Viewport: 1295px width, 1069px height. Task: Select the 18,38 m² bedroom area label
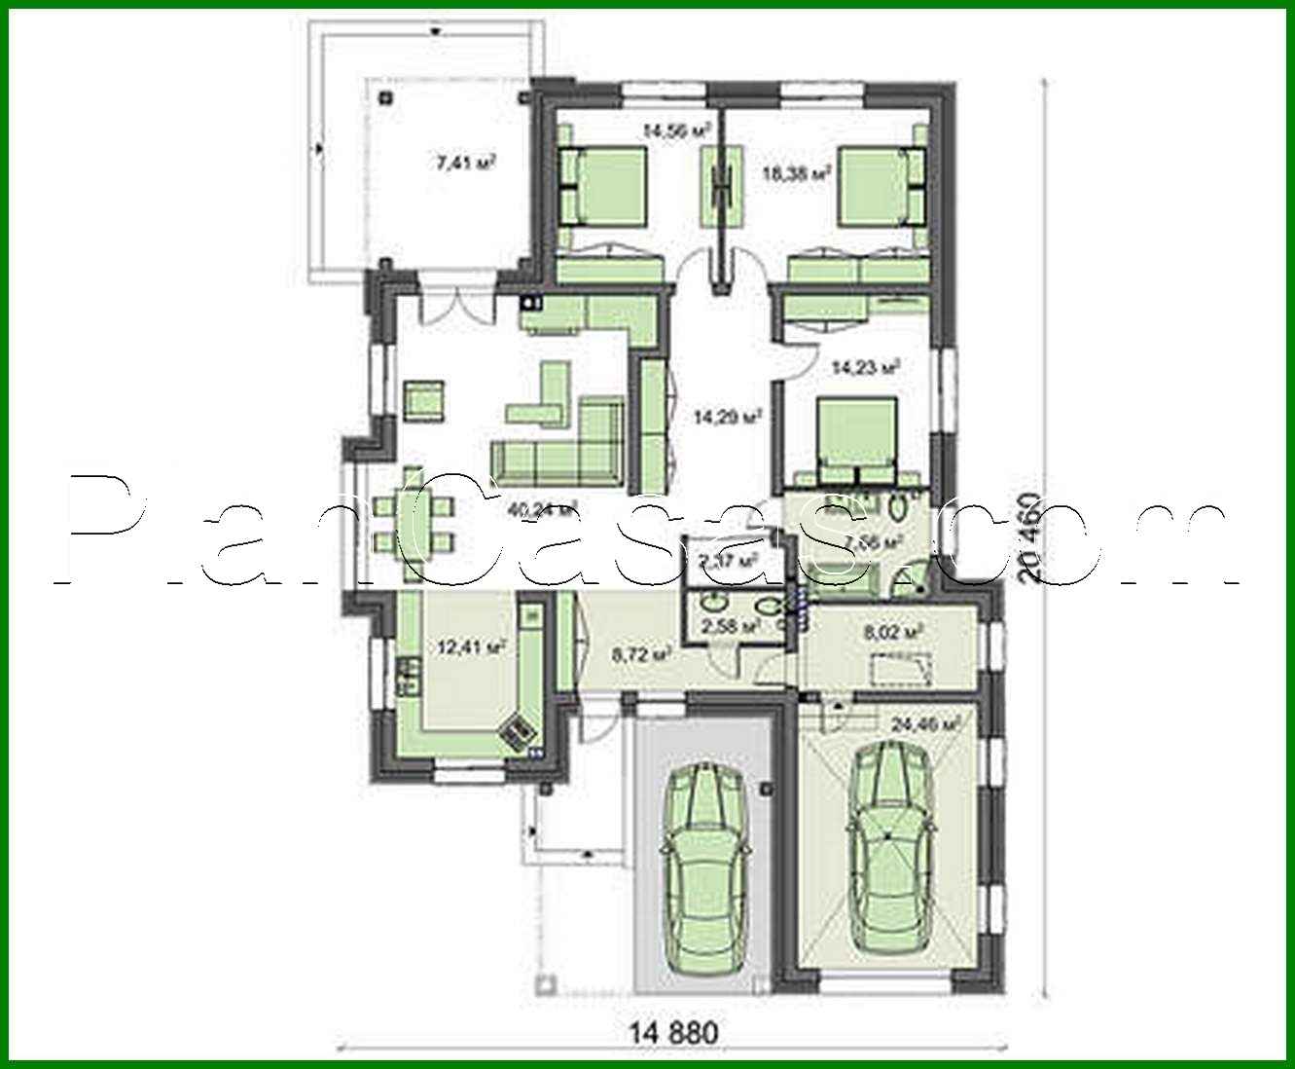click(795, 174)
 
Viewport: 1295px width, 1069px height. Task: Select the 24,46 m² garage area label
click(925, 723)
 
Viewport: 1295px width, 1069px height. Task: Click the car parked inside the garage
click(888, 845)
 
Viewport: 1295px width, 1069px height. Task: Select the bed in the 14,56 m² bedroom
click(603, 185)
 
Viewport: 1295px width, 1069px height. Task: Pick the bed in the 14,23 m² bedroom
click(855, 438)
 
